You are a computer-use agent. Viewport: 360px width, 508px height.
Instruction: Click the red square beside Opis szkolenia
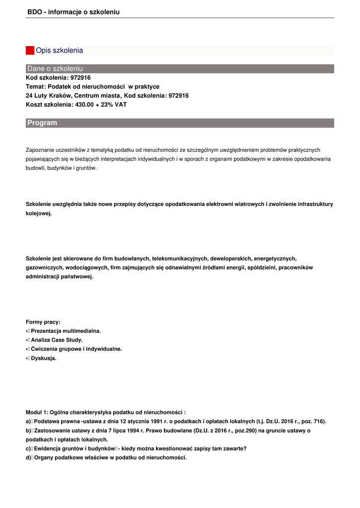(x=30, y=51)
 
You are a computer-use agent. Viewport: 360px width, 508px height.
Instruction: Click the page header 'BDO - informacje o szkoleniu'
(x=73, y=12)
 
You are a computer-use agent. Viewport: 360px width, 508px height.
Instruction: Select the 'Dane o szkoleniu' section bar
(x=180, y=68)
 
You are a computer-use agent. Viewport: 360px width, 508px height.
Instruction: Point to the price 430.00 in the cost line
(x=85, y=105)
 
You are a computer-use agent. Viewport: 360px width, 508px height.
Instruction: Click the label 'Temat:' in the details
(x=36, y=87)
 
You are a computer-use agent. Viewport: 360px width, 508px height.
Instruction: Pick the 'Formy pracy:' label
(x=43, y=322)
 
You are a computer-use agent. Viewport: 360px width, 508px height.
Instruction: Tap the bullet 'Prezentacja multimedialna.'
(x=66, y=331)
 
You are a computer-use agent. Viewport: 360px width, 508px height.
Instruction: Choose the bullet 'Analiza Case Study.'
(x=57, y=340)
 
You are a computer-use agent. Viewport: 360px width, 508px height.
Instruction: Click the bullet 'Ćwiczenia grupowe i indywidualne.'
(x=76, y=349)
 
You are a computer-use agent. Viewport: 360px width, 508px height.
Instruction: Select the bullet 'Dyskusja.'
(x=44, y=358)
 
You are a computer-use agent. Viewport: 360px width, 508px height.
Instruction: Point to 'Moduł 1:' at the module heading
(x=37, y=412)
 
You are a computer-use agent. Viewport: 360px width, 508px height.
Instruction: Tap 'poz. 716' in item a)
(x=312, y=421)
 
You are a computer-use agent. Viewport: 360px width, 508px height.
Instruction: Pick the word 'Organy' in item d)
(x=43, y=457)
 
